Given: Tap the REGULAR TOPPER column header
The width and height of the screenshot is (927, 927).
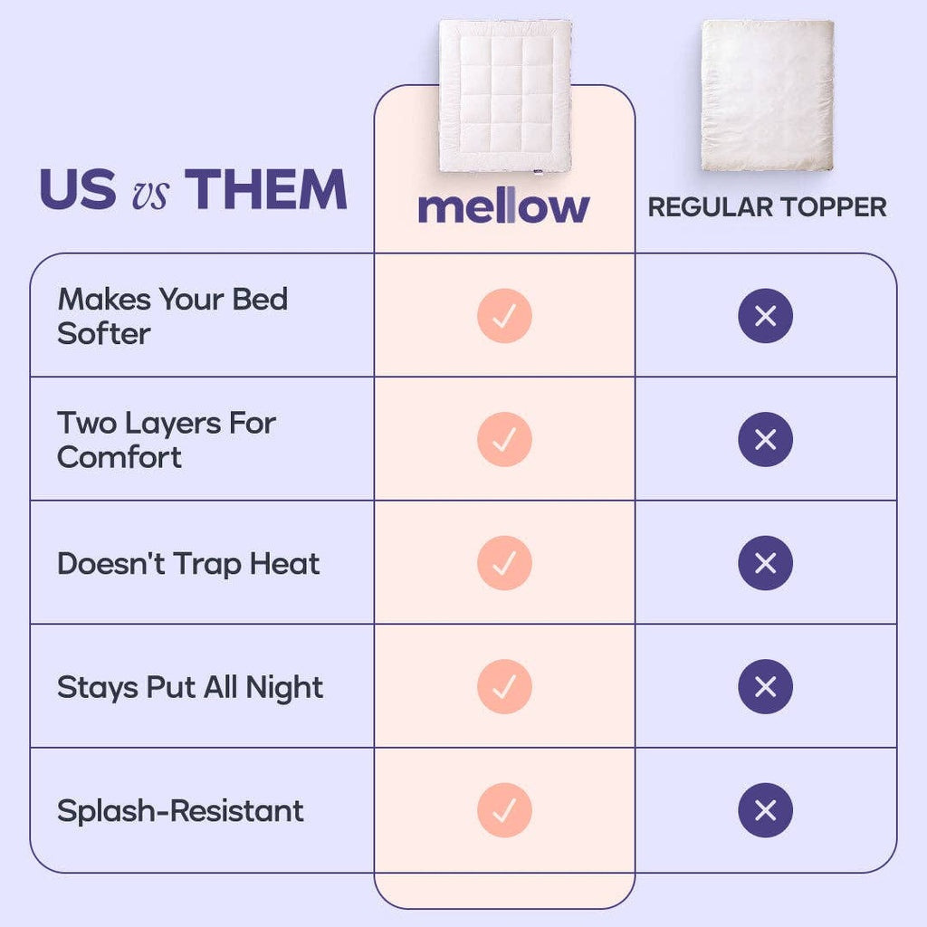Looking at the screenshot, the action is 767,207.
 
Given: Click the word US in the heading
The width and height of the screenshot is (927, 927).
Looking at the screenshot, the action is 78,189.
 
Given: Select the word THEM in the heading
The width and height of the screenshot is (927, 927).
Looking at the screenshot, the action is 265,189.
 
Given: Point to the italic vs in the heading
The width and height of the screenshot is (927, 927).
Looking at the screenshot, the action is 150,193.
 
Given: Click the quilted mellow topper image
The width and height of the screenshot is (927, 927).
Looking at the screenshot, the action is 505,96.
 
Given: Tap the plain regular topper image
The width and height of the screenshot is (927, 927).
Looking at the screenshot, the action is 768,95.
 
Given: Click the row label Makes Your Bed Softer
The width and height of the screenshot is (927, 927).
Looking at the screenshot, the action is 173,316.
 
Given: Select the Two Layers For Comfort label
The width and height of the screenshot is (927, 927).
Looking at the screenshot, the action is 167,440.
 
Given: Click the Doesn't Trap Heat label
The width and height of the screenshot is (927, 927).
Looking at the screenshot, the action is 188,563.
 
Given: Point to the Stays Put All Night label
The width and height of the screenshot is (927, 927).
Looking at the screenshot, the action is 190,688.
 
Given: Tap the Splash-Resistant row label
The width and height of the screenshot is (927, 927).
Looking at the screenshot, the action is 180,810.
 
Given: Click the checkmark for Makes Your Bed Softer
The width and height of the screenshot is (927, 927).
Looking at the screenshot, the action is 504,316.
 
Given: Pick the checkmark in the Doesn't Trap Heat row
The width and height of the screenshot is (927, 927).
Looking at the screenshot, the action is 504,563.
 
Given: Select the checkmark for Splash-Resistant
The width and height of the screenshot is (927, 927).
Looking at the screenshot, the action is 504,810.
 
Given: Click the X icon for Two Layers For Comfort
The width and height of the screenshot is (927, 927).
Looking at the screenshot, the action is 766,439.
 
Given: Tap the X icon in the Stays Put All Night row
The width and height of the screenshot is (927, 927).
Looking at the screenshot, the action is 766,686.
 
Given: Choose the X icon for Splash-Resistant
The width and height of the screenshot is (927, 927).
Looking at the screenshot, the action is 766,810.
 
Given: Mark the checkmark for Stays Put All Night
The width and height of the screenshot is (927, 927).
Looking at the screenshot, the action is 504,686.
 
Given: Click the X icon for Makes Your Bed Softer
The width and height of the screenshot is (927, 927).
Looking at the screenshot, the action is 766,316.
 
